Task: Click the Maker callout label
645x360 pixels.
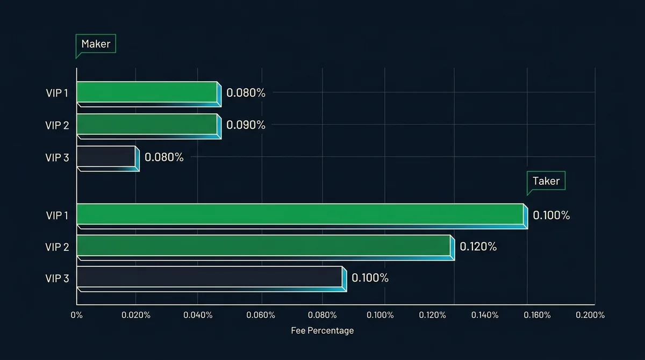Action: (x=96, y=44)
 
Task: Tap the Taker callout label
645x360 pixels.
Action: (x=546, y=181)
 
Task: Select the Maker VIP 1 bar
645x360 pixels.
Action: (x=149, y=94)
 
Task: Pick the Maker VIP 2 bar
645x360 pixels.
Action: (x=149, y=126)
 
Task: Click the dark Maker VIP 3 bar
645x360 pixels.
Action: (x=108, y=159)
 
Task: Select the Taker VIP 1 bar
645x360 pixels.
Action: (x=302, y=216)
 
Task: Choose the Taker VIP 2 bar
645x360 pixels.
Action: (x=266, y=248)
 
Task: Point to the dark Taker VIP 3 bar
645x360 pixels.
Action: (x=212, y=279)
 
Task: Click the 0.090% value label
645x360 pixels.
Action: (x=246, y=125)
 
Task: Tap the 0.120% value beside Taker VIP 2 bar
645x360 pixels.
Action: (x=478, y=247)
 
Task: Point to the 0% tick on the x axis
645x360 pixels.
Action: (x=76, y=315)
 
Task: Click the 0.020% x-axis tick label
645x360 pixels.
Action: (x=136, y=315)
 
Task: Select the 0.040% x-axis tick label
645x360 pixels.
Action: (x=198, y=315)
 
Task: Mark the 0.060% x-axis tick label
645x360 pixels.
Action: (x=261, y=315)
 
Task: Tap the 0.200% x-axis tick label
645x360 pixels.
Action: (x=590, y=315)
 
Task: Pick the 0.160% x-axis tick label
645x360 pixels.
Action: (x=537, y=315)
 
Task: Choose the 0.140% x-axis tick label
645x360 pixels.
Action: (x=485, y=315)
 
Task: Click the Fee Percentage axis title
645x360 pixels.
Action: (x=322, y=330)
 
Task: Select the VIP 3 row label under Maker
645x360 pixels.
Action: (x=57, y=157)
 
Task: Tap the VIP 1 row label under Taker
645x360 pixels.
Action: (x=57, y=215)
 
